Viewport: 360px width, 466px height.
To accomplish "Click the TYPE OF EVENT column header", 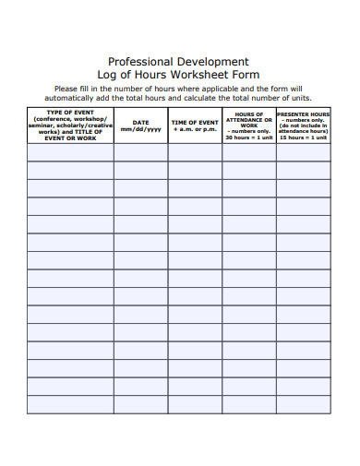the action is coord(70,114).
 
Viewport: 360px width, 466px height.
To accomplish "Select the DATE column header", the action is coord(140,122).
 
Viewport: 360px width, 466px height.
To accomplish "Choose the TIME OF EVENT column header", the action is coord(195,122).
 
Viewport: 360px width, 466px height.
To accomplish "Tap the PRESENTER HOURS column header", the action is coord(303,114).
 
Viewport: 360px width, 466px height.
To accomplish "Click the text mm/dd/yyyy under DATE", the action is coord(140,130).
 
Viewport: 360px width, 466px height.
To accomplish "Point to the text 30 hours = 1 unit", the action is coord(248,137).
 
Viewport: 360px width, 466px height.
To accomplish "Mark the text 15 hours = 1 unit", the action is coord(303,137).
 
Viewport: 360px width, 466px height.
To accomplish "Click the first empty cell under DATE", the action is coord(140,152).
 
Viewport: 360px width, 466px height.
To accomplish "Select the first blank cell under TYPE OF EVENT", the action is coord(70,152).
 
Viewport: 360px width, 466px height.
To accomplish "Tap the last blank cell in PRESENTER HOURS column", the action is coord(303,404).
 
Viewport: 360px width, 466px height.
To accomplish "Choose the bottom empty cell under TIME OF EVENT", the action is coord(195,404).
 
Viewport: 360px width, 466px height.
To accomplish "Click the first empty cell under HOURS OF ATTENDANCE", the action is coord(248,152).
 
